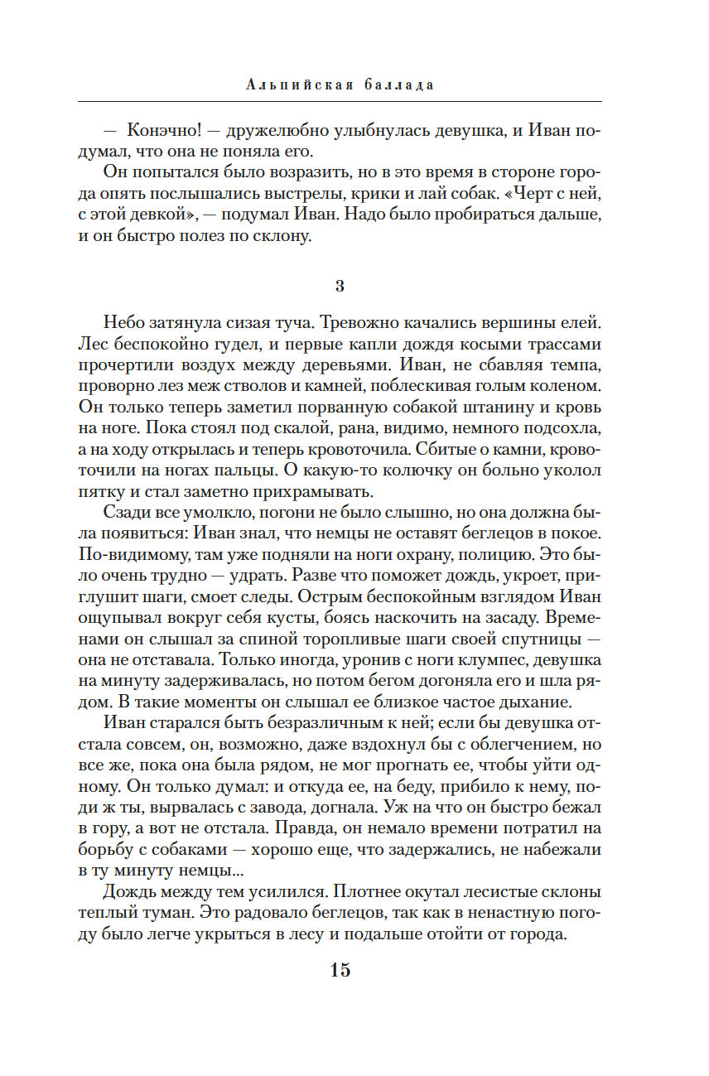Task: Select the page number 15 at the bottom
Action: pos(340,970)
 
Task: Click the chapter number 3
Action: pos(340,286)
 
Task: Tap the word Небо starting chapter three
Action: pos(126,321)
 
